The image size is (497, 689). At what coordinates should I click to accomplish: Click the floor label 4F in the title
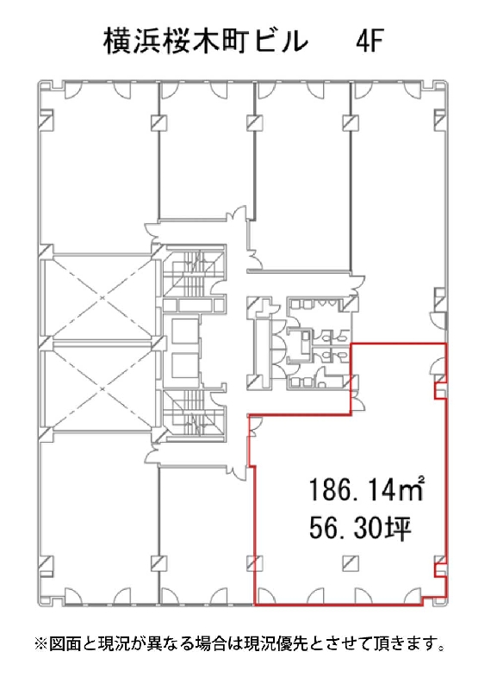point(370,42)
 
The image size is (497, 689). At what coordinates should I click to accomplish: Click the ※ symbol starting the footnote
point(40,644)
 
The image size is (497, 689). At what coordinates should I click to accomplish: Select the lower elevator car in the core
point(184,365)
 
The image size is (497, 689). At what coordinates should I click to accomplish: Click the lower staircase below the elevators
point(193,416)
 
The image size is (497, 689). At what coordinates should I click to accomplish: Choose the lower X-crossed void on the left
point(102,389)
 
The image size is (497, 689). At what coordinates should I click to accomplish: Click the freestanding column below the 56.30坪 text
point(351,562)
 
